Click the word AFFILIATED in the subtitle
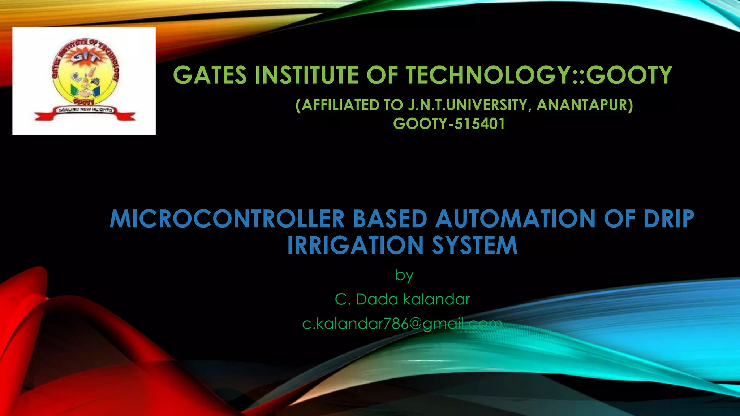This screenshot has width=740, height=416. point(338,105)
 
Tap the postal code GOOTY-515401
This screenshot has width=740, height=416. point(449,124)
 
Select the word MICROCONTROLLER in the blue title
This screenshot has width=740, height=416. point(227,219)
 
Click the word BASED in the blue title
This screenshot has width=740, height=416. point(390,219)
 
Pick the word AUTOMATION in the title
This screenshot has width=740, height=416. point(515,219)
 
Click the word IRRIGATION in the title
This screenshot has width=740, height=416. point(355,246)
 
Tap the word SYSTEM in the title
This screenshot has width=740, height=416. point(475,246)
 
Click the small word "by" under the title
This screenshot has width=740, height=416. point(404,275)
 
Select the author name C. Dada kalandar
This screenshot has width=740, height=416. point(402,299)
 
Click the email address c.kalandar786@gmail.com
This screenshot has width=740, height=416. point(402,324)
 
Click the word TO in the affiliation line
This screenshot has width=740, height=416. point(393,105)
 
